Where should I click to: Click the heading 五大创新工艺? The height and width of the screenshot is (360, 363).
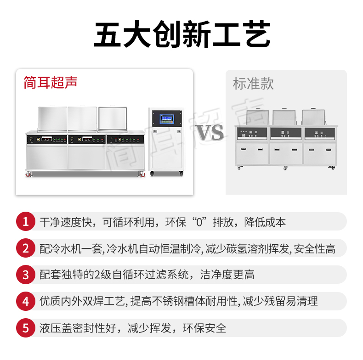[x=182, y=34]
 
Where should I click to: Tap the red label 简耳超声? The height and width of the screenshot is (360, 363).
[x=51, y=82]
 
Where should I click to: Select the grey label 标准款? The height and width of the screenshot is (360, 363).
[x=253, y=84]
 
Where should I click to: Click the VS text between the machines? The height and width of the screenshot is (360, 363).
[x=210, y=132]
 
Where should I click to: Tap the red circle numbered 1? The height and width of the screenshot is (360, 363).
[x=25, y=221]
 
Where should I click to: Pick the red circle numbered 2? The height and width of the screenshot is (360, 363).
[x=25, y=248]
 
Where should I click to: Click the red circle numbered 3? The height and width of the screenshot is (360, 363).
[x=25, y=275]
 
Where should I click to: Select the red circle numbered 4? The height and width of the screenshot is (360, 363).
[x=25, y=301]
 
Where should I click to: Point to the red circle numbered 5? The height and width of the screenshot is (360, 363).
[x=25, y=328]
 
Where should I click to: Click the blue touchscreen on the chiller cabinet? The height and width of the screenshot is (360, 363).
[x=167, y=119]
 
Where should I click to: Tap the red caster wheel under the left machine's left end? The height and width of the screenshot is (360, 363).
[x=28, y=174]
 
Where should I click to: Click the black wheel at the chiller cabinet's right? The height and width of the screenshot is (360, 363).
[x=181, y=174]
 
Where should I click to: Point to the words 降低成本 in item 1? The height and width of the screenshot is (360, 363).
[x=265, y=222]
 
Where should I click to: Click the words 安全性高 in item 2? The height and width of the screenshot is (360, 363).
[x=314, y=249]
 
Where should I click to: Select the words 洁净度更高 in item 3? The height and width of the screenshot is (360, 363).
[x=227, y=275]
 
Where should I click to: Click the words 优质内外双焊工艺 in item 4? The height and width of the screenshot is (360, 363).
[x=82, y=301]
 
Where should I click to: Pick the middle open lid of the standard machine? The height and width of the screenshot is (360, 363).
[x=284, y=117]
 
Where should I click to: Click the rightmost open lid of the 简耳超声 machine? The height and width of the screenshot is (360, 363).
[x=113, y=118]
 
